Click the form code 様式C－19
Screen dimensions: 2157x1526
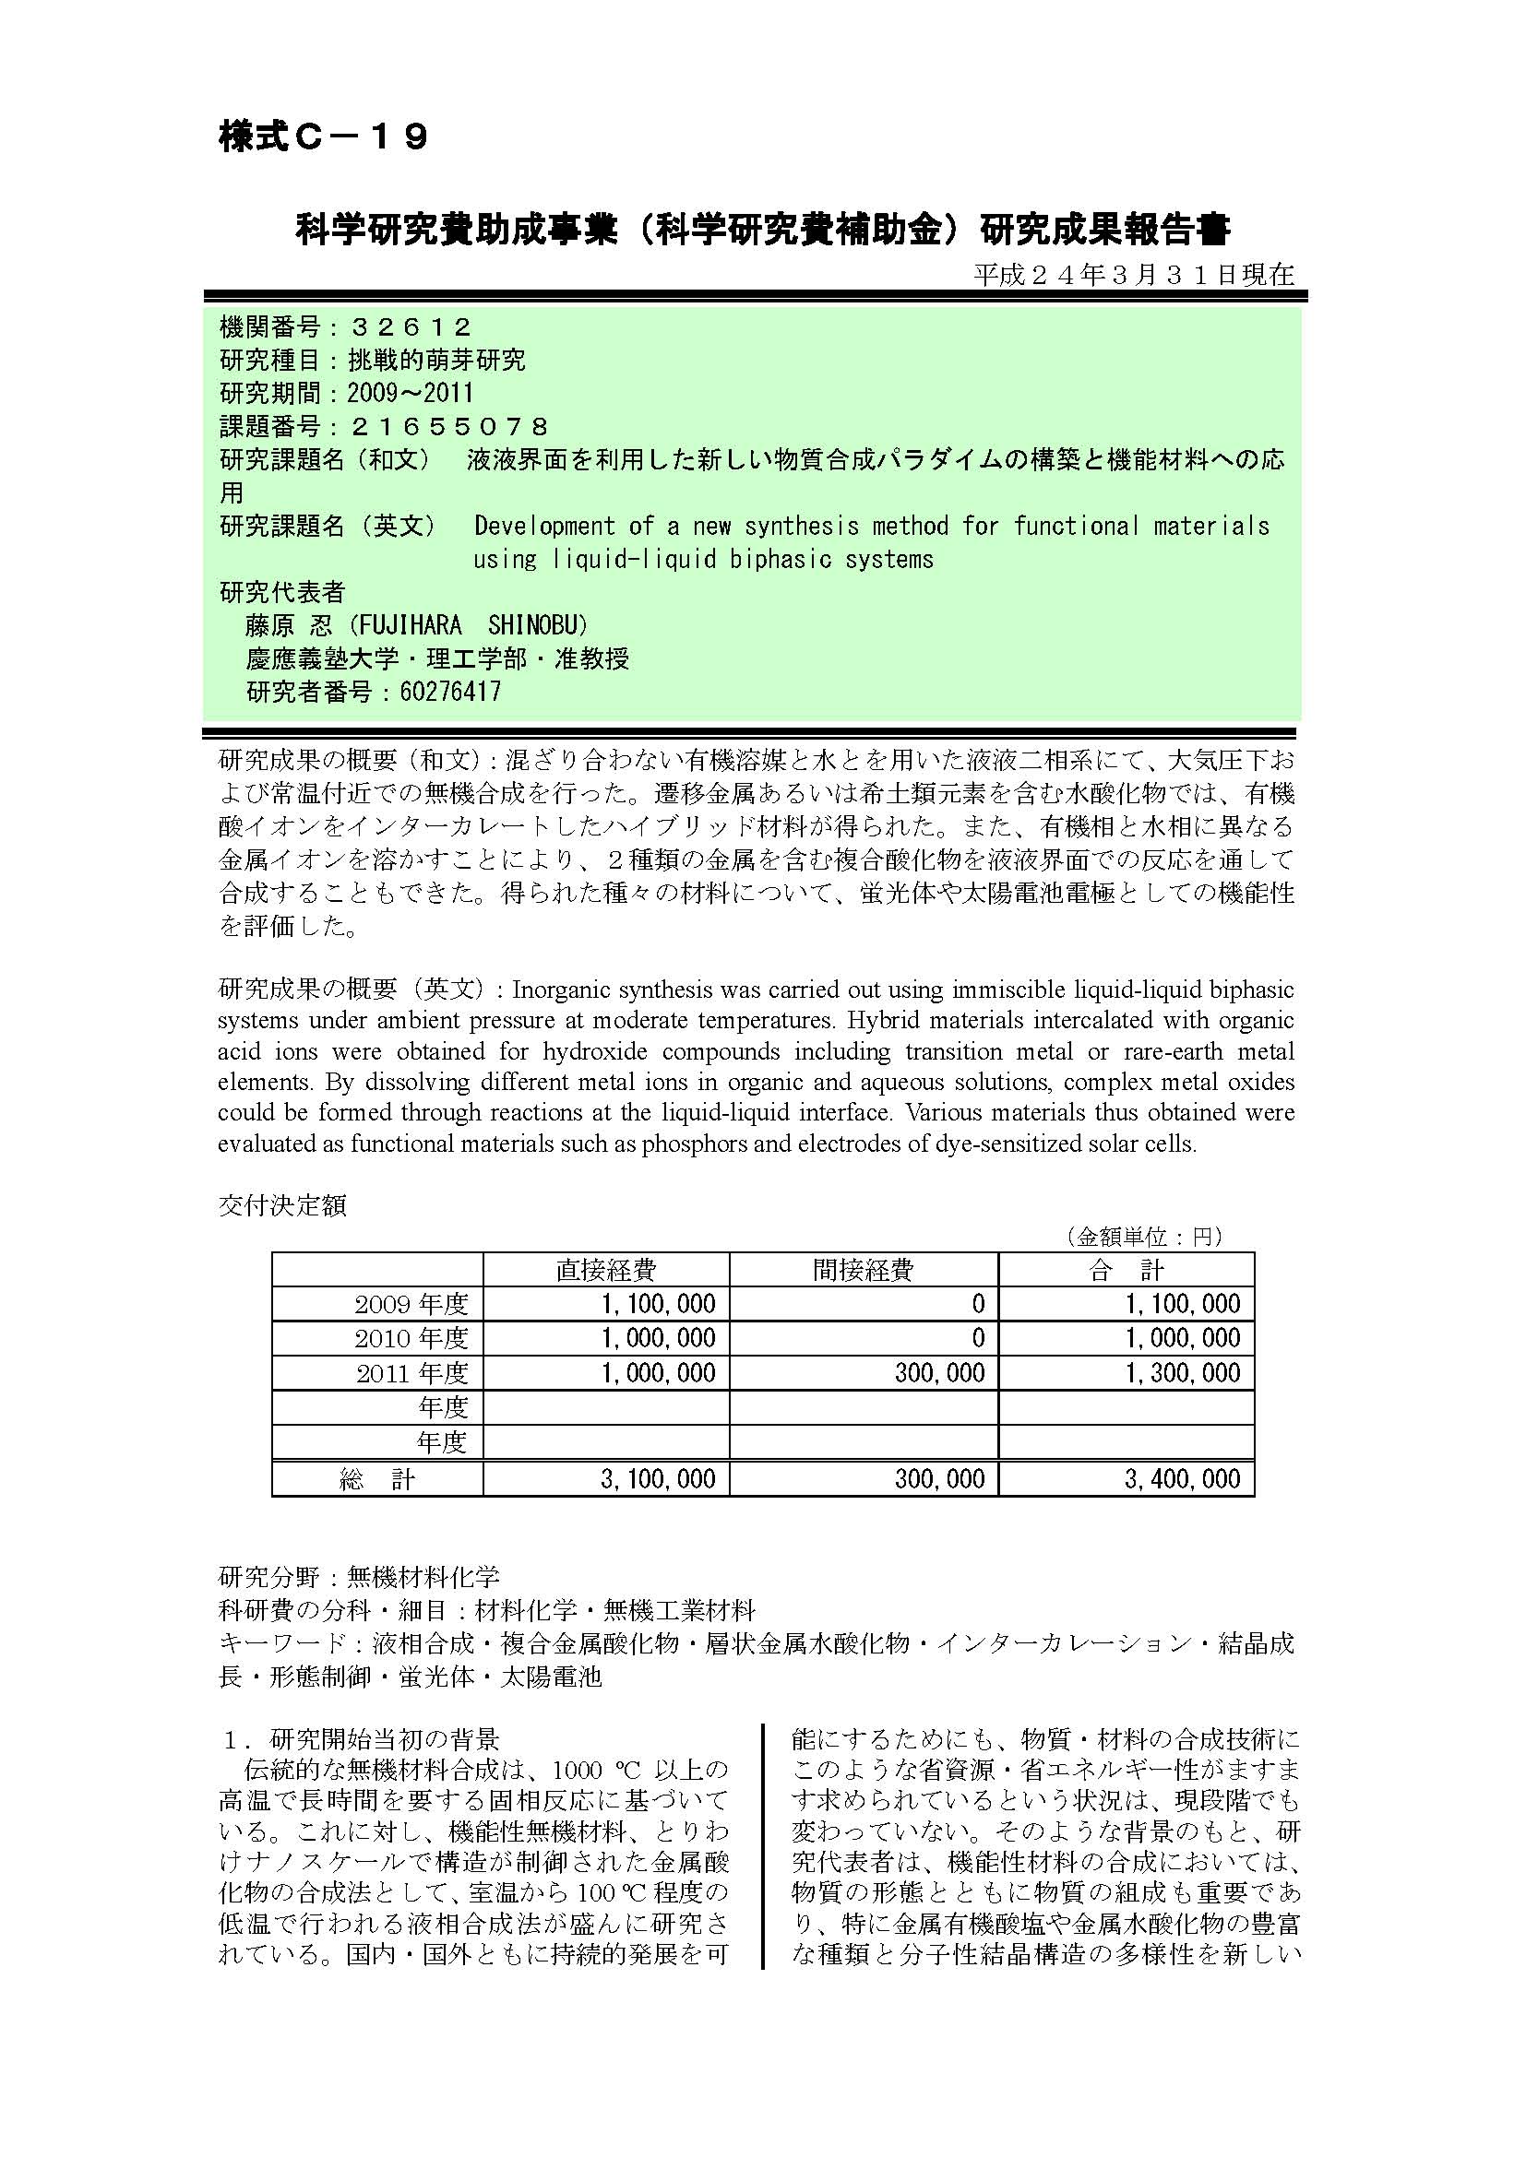coord(323,137)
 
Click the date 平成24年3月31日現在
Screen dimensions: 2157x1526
coord(1133,274)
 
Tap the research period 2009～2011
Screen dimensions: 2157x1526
coord(410,393)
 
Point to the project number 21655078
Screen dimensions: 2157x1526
coord(449,427)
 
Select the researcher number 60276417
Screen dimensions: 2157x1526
coord(450,692)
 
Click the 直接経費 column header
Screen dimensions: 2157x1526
coord(606,1270)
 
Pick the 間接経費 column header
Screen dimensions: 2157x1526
coord(863,1270)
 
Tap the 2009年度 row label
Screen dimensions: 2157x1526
coord(411,1304)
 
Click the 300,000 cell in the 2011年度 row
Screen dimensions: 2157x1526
coord(939,1372)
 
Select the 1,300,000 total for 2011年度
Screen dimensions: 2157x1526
coord(1183,1372)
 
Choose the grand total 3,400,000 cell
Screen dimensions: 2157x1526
coord(1183,1478)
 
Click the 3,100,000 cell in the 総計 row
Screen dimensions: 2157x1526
coord(658,1478)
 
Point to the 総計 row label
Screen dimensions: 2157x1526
coord(376,1478)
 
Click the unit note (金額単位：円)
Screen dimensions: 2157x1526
coord(1143,1237)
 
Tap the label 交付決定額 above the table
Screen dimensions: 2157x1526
coord(282,1205)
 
